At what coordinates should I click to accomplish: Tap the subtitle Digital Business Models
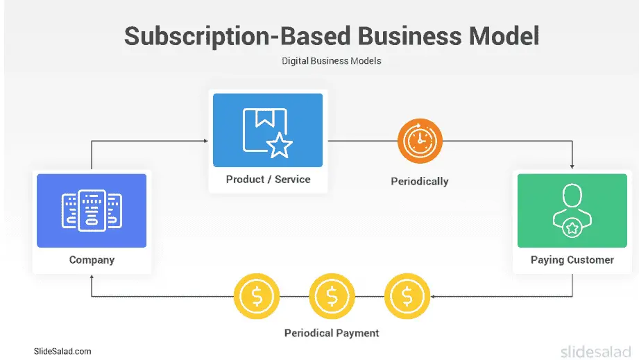tap(331, 61)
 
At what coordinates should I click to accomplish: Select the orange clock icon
tap(420, 142)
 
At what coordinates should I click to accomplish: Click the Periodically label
tap(420, 182)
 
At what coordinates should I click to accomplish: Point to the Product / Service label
tap(268, 180)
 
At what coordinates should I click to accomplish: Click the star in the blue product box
tap(280, 145)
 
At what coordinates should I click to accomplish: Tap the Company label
tap(92, 260)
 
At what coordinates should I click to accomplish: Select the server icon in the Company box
tap(92, 210)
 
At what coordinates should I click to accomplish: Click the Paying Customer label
tap(572, 260)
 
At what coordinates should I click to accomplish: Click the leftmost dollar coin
tap(257, 296)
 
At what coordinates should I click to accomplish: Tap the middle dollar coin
tap(332, 296)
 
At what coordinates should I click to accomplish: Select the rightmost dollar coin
tap(407, 296)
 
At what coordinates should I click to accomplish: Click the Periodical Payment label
tap(332, 333)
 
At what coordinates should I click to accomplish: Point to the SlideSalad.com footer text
tap(62, 352)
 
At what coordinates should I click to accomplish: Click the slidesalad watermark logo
tap(596, 351)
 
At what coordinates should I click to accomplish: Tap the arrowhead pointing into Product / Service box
tap(205, 141)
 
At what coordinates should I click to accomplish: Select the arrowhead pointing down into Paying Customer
tap(572, 166)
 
